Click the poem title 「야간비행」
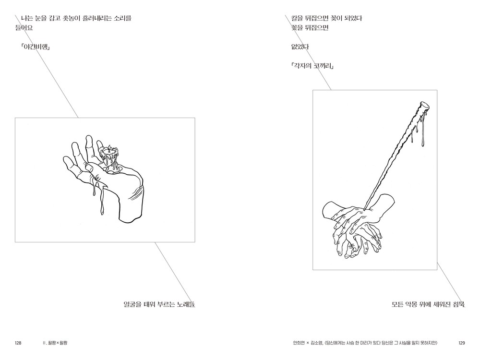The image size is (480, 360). (36, 47)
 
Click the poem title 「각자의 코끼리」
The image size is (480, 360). (312, 66)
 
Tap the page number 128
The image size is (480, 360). (18, 343)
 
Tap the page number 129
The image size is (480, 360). (462, 343)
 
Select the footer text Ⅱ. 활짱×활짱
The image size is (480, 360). (55, 343)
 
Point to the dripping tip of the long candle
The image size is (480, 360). (424, 107)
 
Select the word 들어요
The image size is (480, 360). (24, 28)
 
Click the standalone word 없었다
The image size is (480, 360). (300, 47)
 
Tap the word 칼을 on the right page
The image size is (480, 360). (297, 18)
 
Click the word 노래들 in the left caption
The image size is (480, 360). (186, 304)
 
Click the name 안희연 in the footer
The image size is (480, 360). (299, 343)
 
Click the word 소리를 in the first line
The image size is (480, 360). (122, 18)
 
